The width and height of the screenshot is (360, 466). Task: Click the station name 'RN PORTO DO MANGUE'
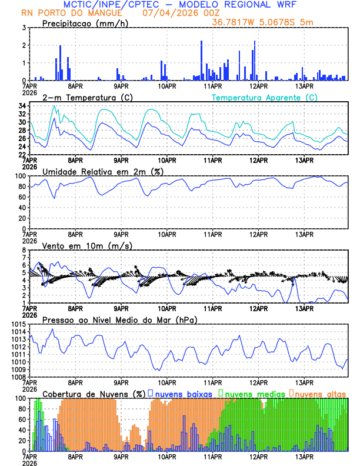[x=71, y=12]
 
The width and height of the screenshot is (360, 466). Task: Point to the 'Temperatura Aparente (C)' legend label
[x=264, y=97]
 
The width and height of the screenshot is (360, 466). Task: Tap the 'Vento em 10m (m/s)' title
[x=86, y=245]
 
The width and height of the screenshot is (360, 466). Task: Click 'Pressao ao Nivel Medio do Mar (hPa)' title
[x=119, y=319]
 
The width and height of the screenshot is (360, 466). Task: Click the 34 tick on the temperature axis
[x=21, y=106]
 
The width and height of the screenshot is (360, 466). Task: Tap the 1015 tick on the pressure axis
[x=18, y=325]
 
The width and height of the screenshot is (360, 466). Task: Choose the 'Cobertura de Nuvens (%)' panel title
[x=94, y=394]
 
